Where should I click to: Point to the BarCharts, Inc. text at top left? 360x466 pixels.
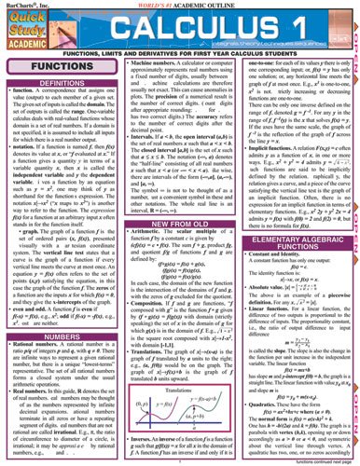23,6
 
